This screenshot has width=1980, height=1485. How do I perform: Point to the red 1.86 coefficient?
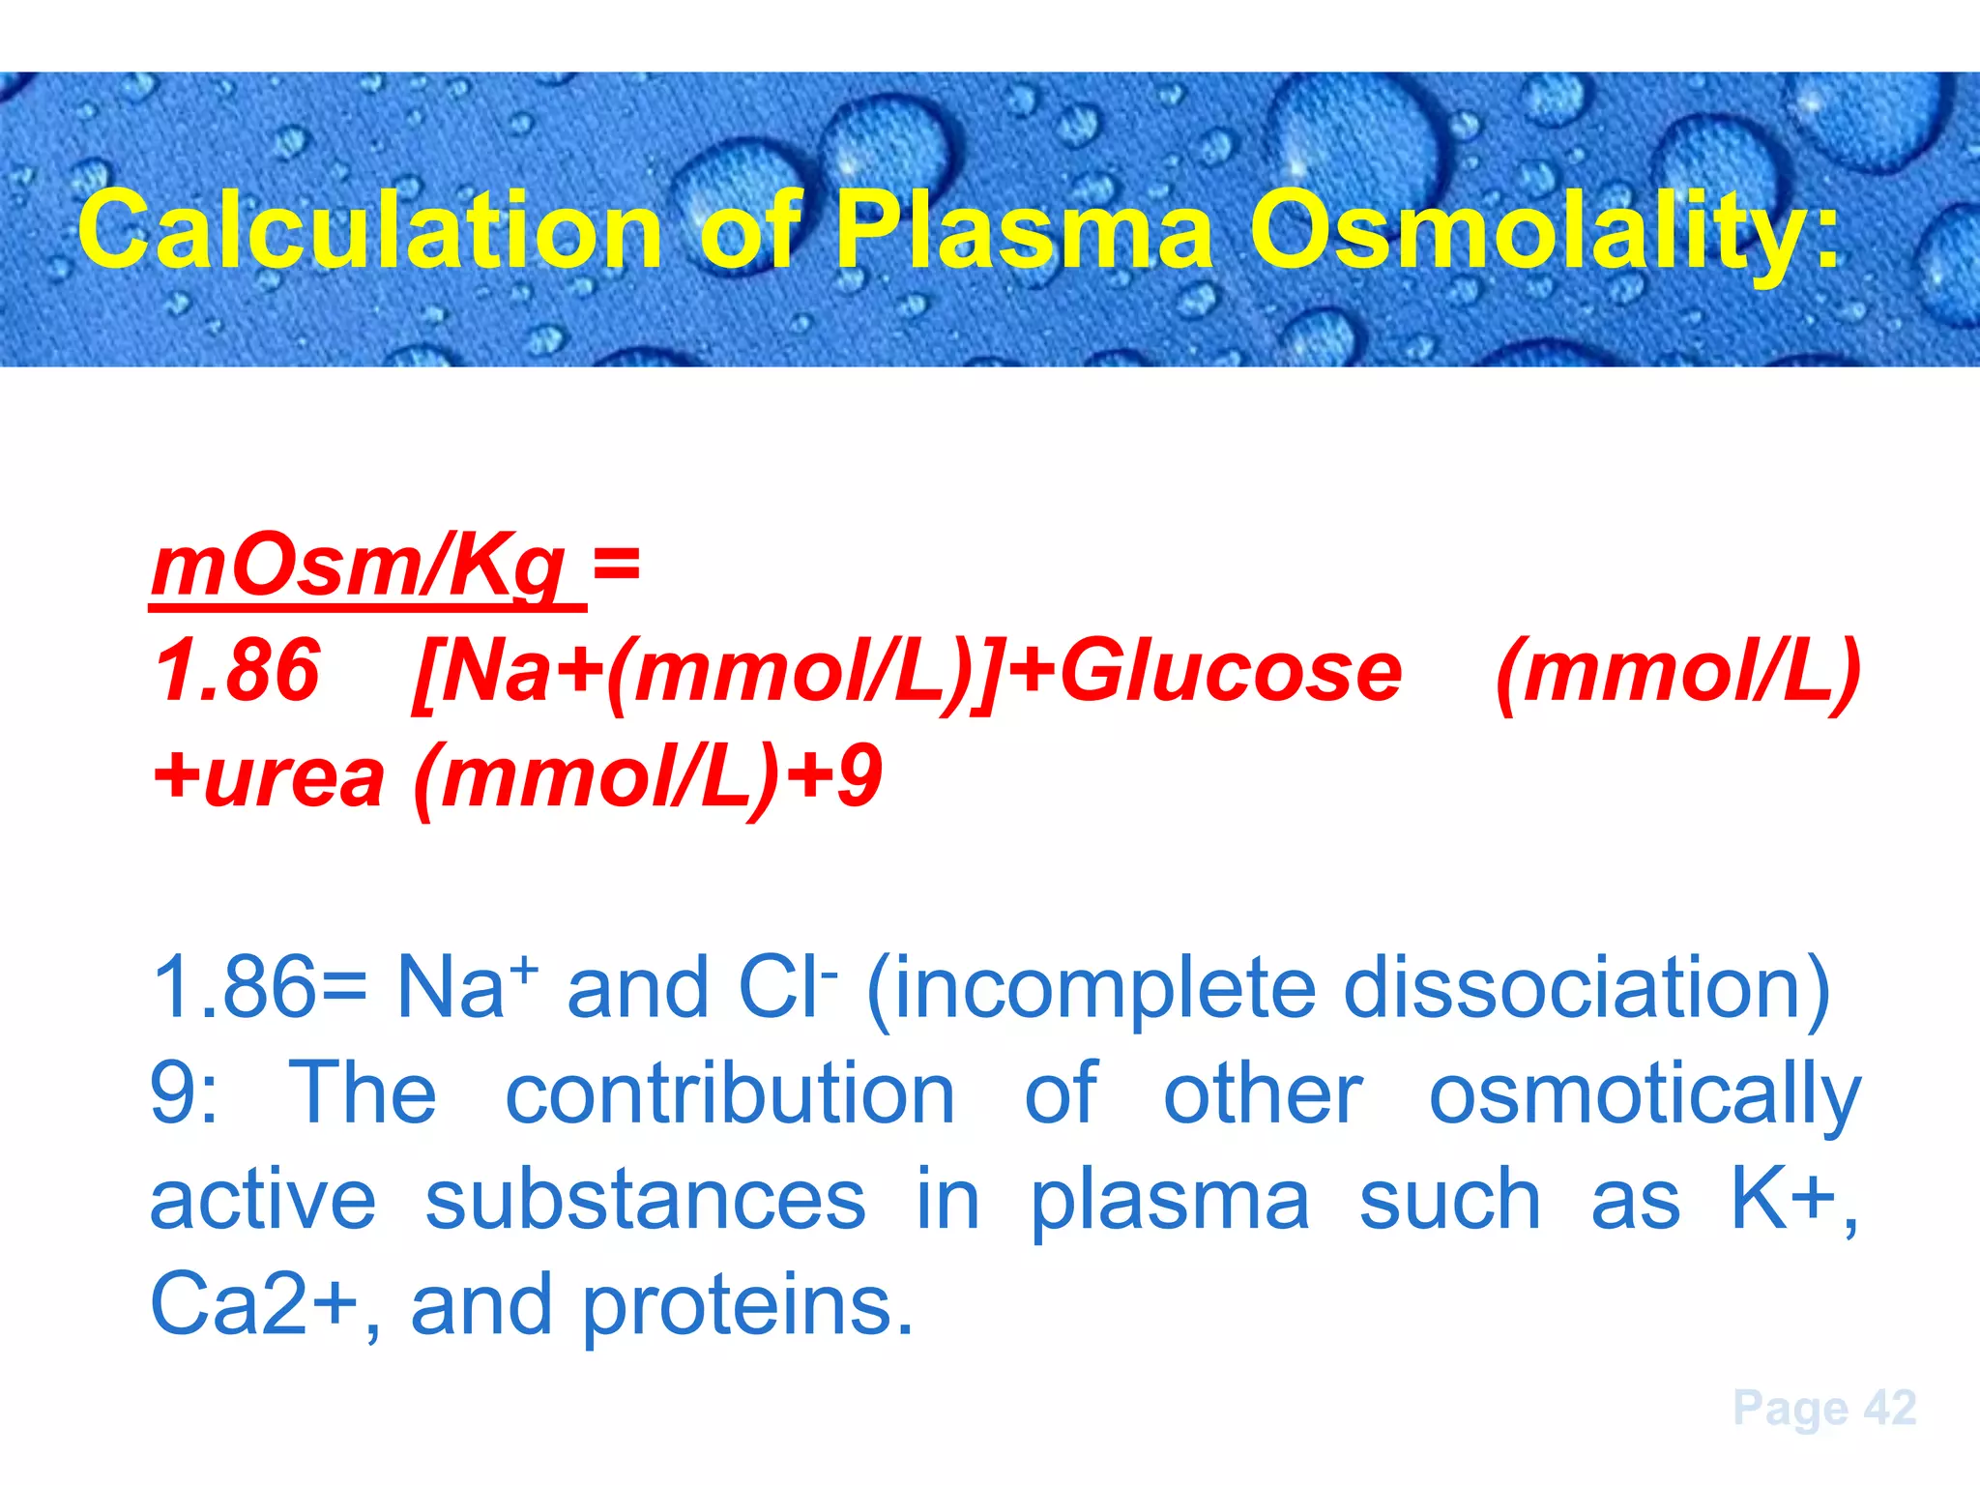[x=237, y=671]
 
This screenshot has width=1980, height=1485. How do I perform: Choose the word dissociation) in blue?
[x=1587, y=988]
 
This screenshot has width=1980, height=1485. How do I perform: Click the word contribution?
[x=730, y=1094]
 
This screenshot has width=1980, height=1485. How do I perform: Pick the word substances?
[x=645, y=1200]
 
